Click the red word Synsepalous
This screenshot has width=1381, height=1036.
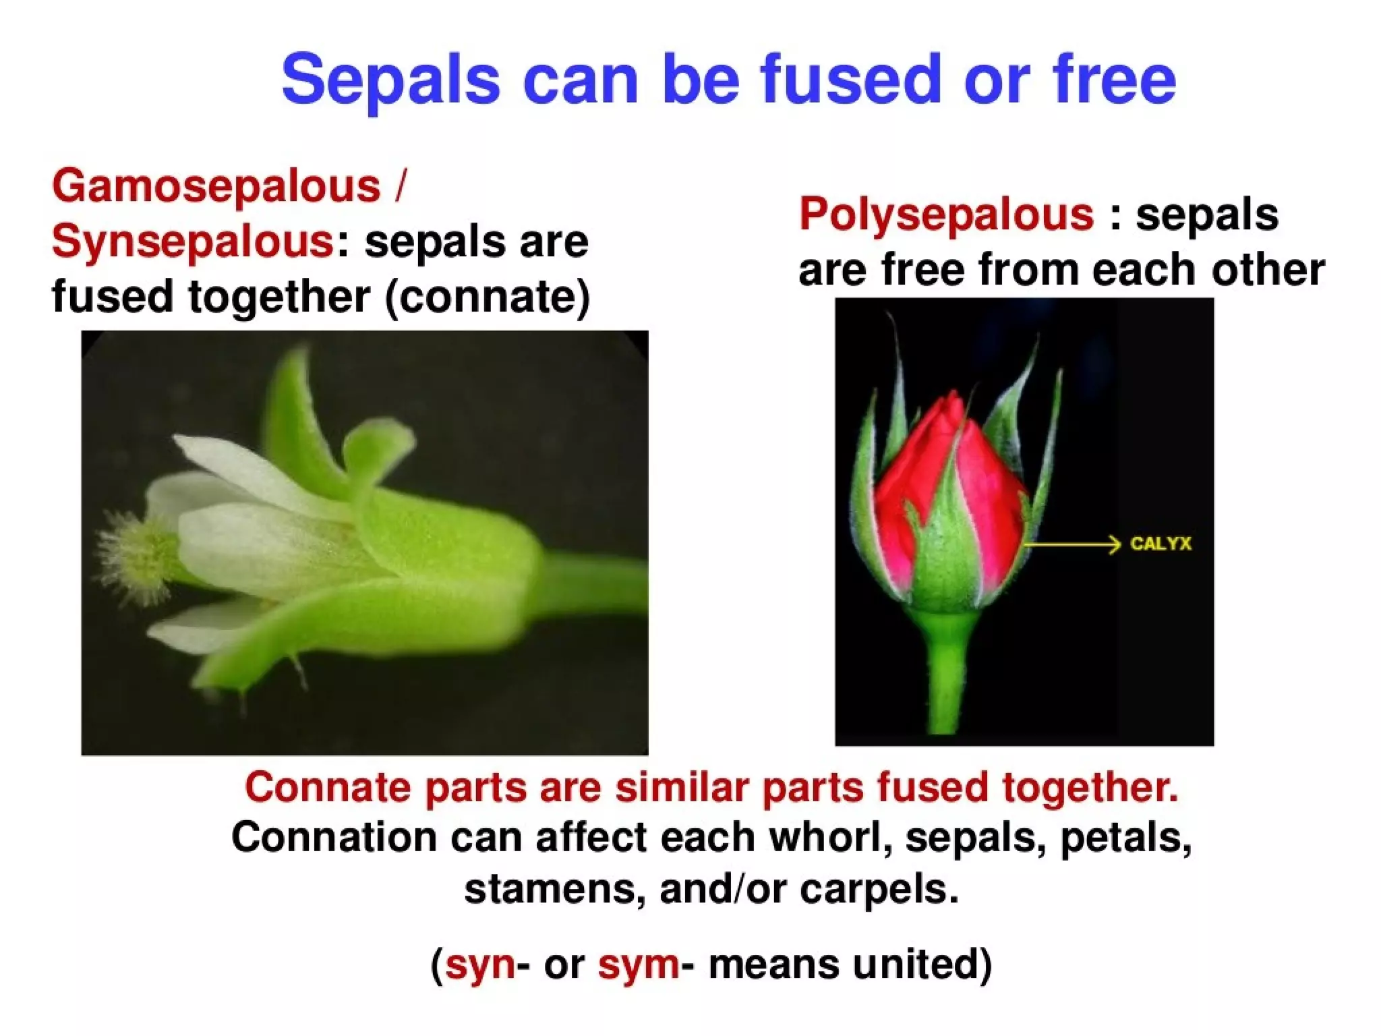(x=193, y=241)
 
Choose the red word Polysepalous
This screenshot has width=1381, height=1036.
(x=946, y=214)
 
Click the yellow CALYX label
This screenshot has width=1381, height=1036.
(x=1160, y=544)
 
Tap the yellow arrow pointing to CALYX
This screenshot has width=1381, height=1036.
(x=1072, y=544)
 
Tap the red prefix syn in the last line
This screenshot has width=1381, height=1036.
(x=480, y=965)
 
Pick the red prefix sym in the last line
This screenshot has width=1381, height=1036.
(x=638, y=965)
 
